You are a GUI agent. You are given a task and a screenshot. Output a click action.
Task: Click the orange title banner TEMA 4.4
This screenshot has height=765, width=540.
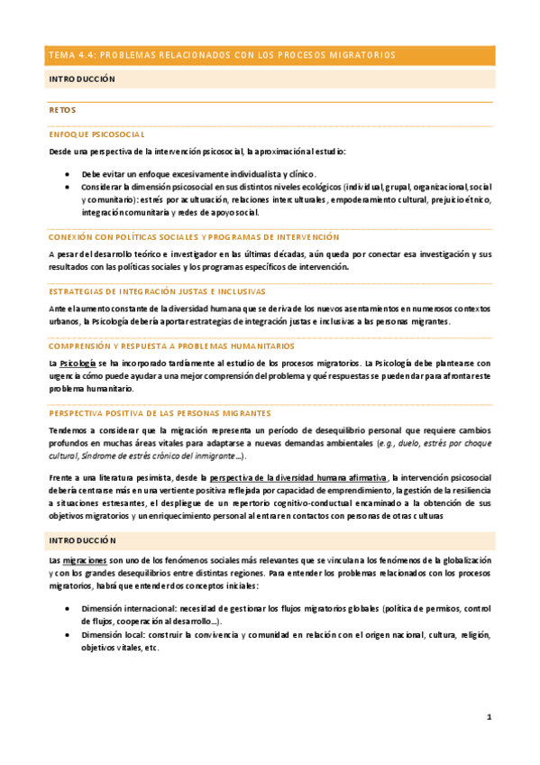coord(270,56)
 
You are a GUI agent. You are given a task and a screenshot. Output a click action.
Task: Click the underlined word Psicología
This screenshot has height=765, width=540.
coord(78,362)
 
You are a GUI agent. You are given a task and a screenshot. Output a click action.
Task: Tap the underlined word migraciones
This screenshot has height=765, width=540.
coord(83,560)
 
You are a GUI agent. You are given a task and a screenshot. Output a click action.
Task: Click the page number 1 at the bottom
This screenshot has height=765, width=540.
coord(489,717)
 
